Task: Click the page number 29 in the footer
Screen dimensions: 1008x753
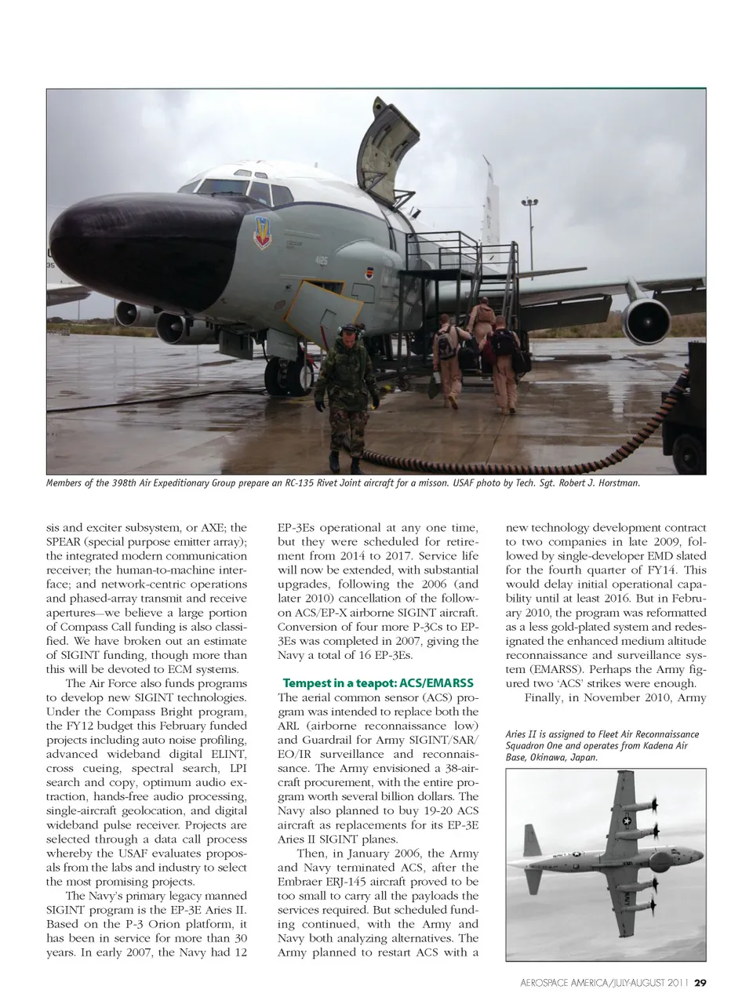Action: click(x=700, y=982)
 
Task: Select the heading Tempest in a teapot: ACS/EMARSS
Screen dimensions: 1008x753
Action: click(x=378, y=682)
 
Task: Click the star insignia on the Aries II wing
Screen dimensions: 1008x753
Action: click(x=627, y=821)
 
